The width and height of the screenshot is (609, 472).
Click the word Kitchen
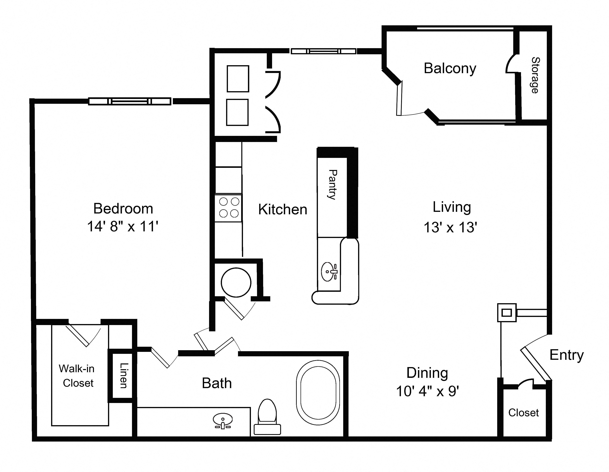point(283,210)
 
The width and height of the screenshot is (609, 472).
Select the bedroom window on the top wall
point(130,101)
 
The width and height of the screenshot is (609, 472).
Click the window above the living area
point(324,51)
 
